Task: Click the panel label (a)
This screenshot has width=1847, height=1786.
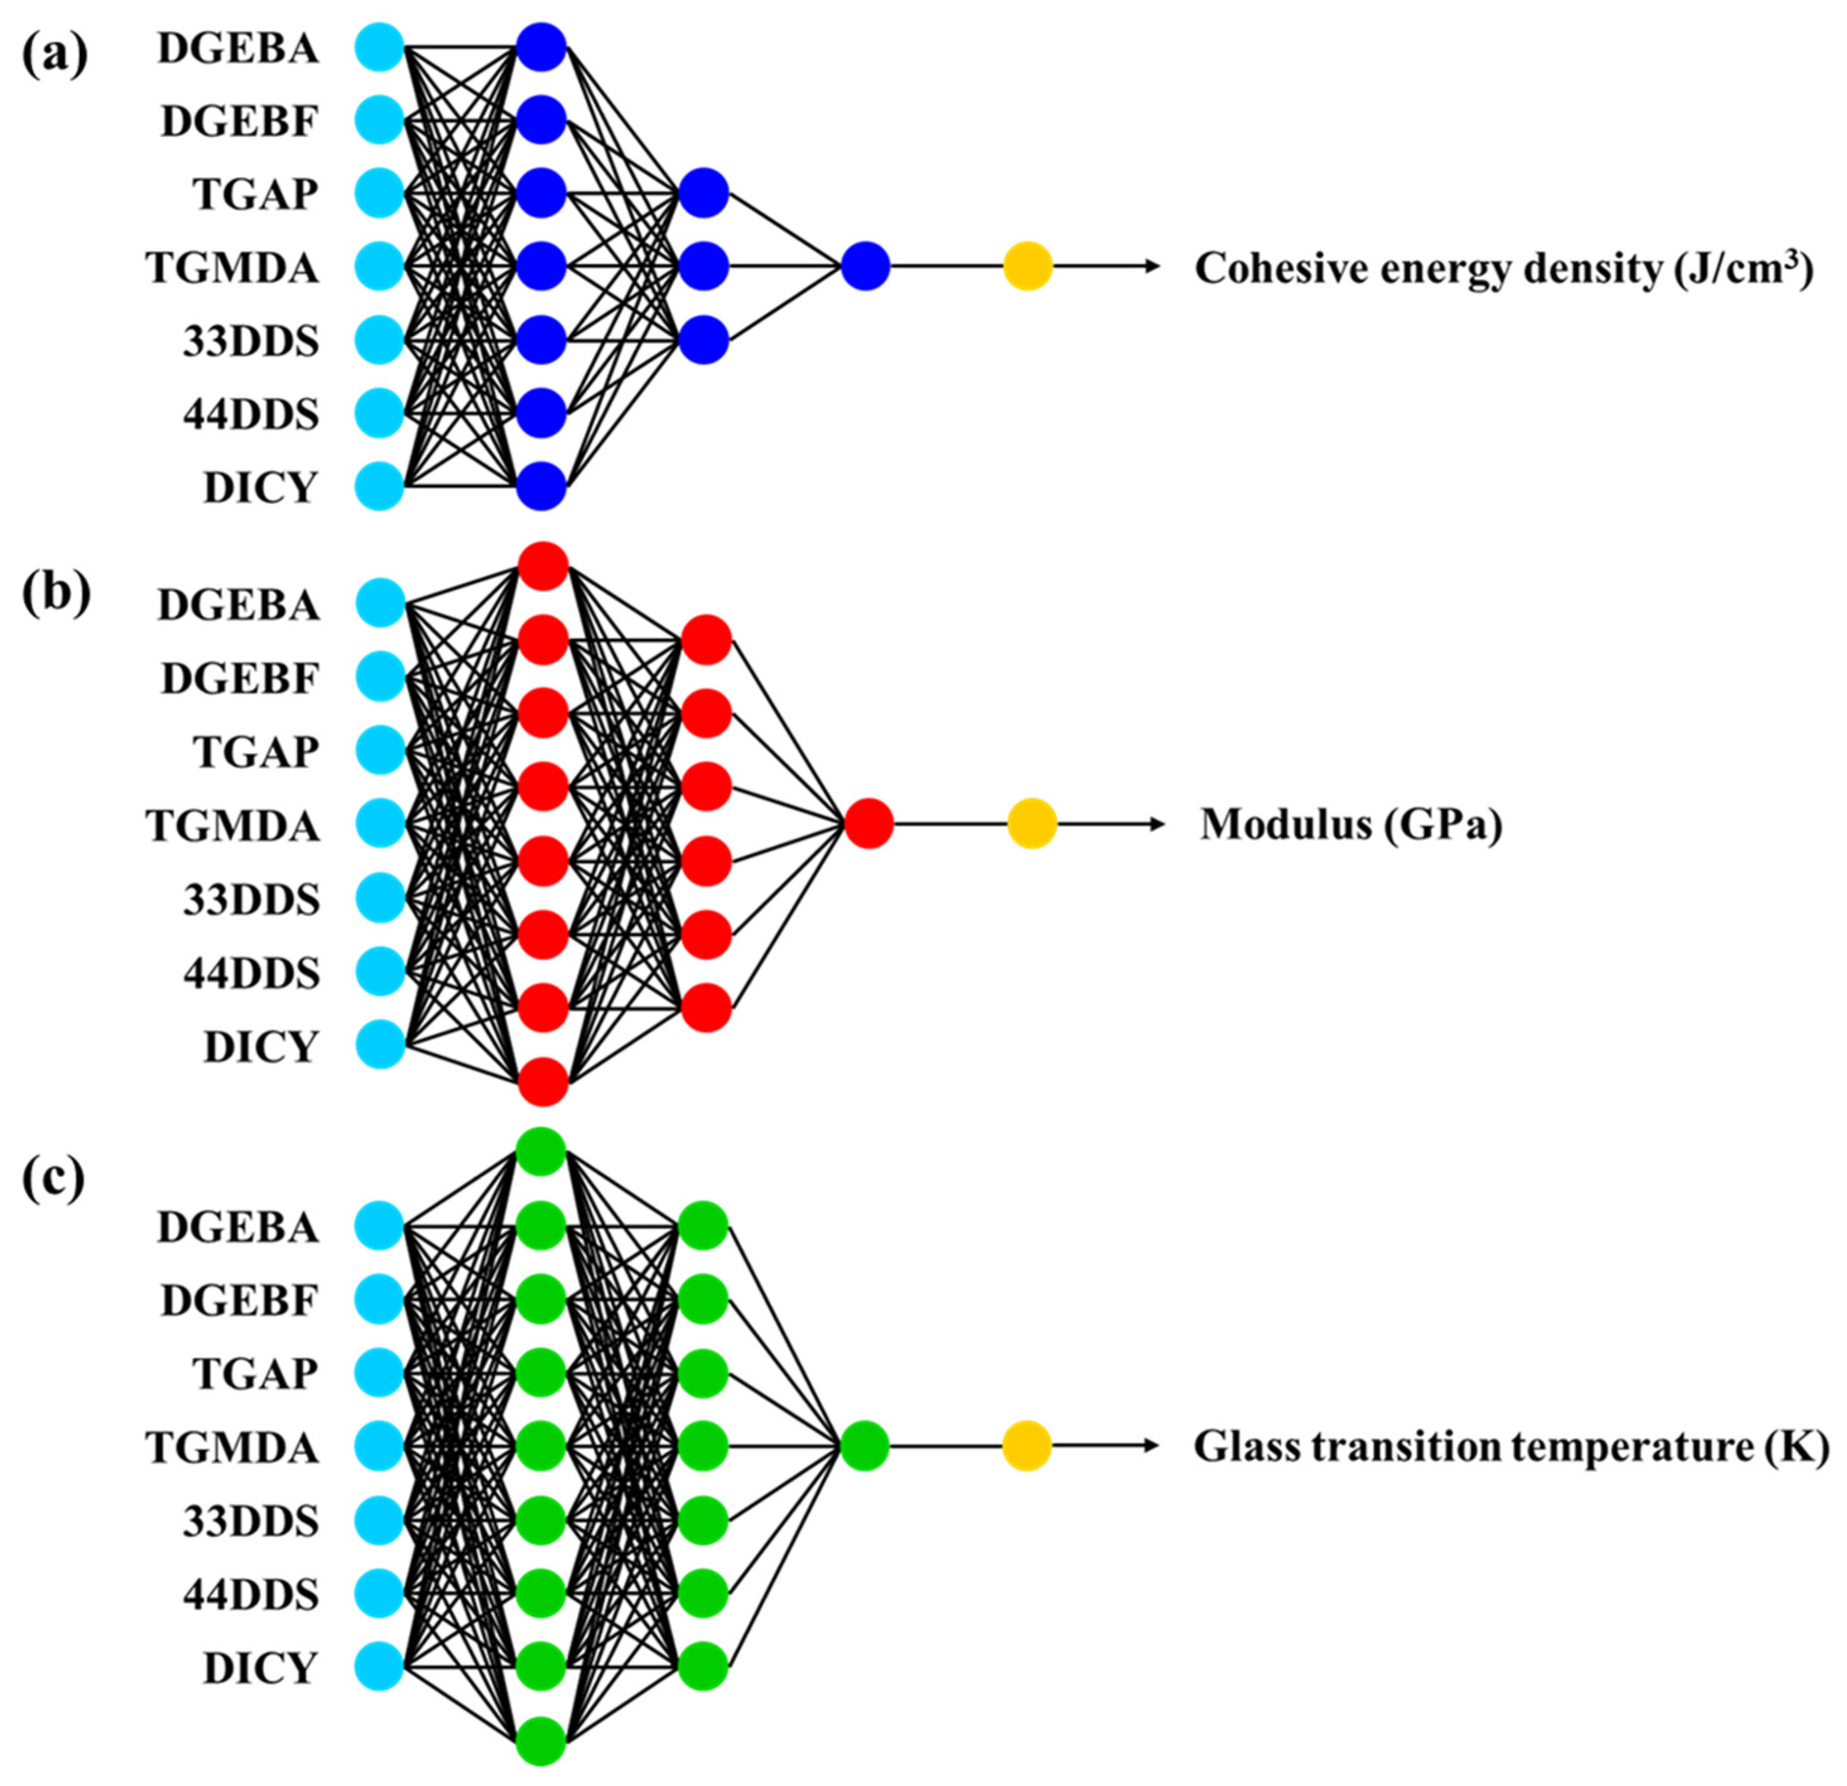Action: (55, 55)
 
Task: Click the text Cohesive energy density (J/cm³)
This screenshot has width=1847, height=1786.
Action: (1504, 269)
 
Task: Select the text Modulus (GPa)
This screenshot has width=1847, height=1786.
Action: (1351, 825)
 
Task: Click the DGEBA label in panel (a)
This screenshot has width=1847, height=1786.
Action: (238, 49)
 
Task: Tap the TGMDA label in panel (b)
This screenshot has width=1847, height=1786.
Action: (233, 826)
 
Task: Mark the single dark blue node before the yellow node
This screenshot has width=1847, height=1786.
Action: (865, 267)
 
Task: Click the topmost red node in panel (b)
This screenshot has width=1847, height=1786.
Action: (542, 566)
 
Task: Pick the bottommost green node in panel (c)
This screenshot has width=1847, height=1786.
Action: (541, 1741)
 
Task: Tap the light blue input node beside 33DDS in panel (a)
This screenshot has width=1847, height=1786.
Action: (379, 340)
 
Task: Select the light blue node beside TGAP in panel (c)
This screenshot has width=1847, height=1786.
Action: (379, 1372)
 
